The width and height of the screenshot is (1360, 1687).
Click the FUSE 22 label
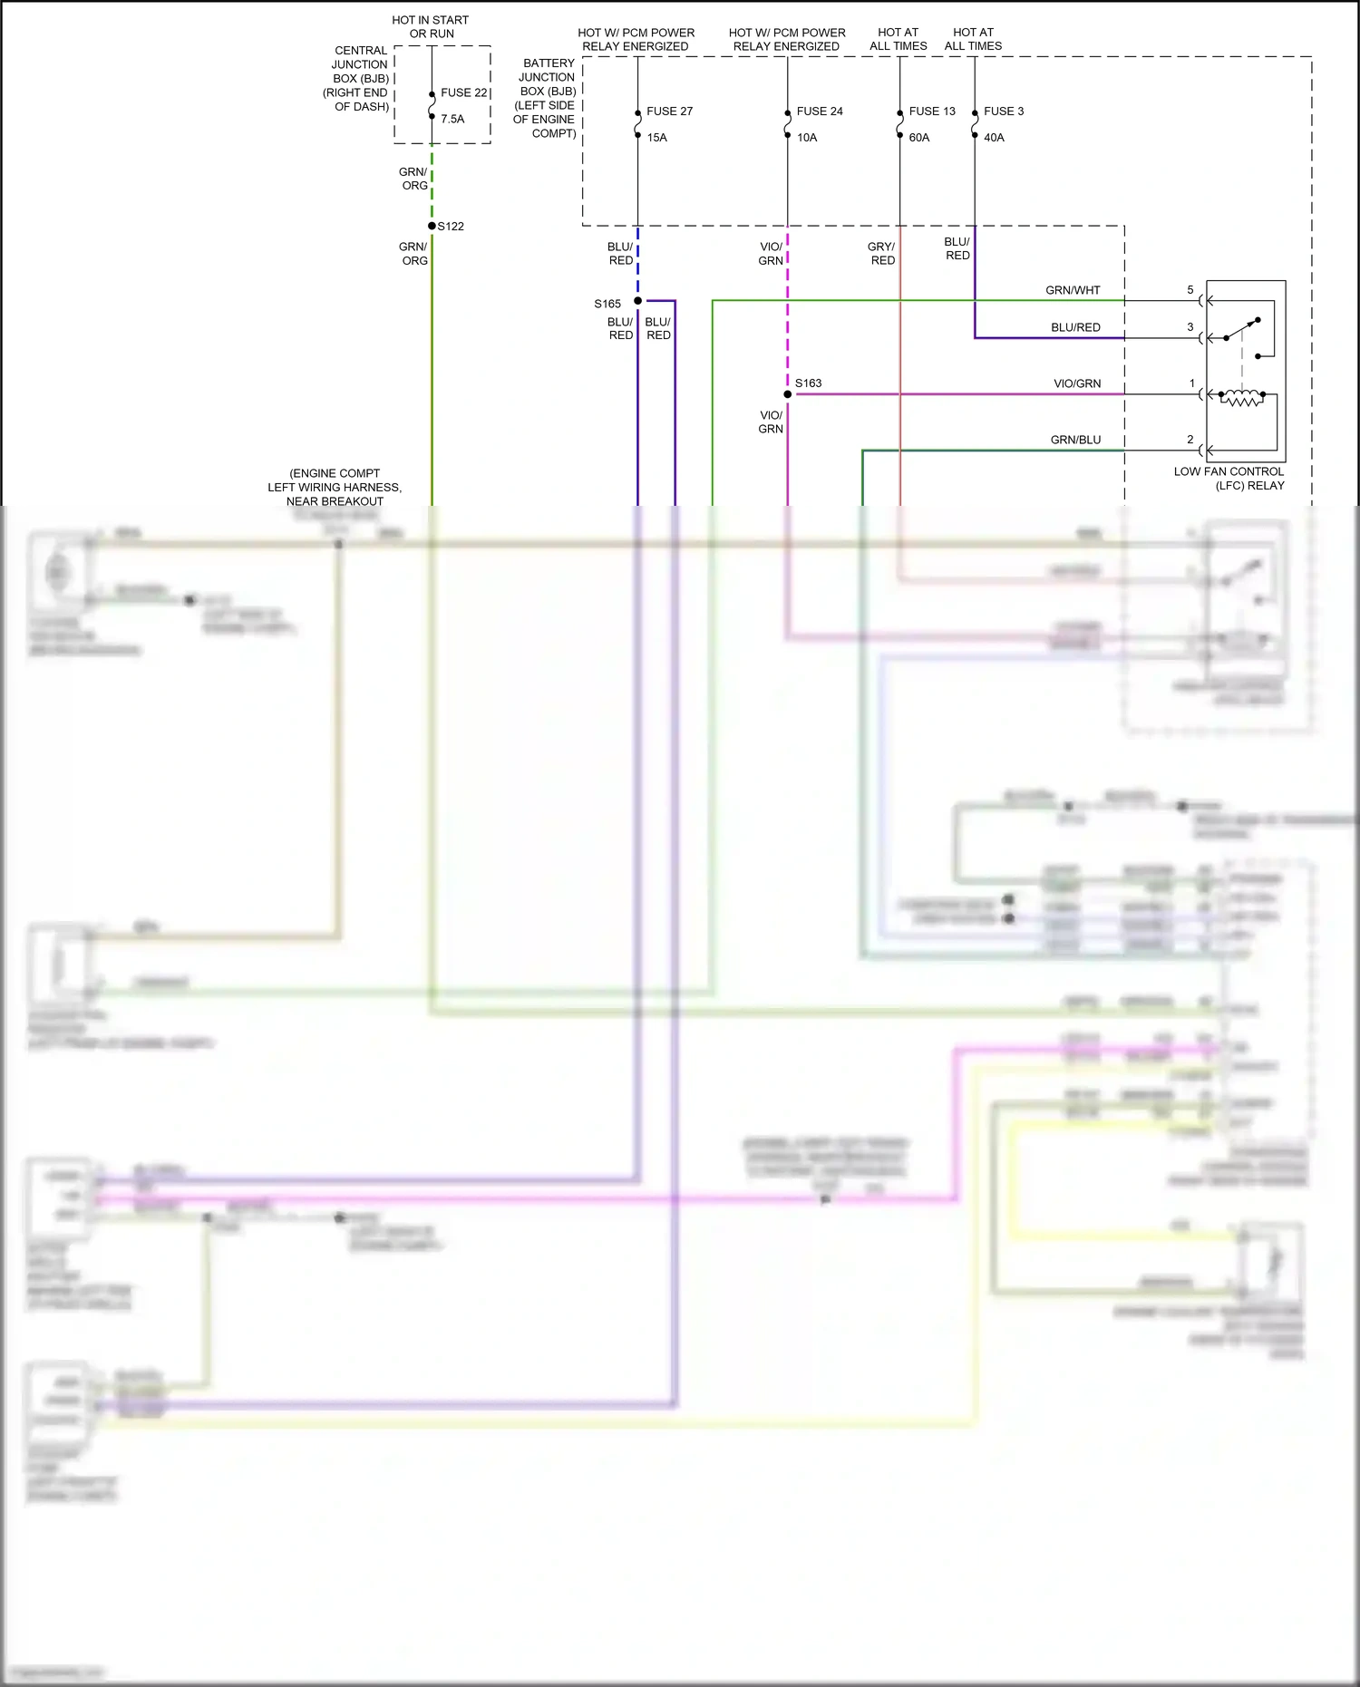point(463,92)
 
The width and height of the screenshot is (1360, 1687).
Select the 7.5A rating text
point(452,119)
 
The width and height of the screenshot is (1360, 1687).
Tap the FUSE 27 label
point(669,111)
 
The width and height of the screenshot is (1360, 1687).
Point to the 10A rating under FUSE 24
point(807,138)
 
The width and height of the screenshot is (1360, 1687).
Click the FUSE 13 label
point(932,111)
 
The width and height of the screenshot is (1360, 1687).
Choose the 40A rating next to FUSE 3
point(994,138)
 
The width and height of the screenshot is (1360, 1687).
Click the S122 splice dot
point(432,226)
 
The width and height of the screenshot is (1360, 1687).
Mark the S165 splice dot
point(637,301)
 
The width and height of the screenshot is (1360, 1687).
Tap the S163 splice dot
point(788,394)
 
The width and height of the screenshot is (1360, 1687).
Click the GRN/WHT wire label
point(1073,290)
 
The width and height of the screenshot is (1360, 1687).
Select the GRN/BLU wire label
point(1075,440)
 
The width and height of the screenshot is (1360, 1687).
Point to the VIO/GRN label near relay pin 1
point(1077,383)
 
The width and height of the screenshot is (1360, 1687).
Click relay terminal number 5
point(1190,290)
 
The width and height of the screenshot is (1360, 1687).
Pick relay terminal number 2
point(1190,440)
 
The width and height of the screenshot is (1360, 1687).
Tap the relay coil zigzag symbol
point(1241,397)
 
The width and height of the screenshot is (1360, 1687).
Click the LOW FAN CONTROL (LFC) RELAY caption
point(1229,479)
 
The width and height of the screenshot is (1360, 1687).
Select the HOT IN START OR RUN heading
point(431,26)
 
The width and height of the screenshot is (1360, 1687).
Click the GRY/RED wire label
point(881,253)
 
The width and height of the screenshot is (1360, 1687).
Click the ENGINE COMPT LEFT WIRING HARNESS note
point(335,487)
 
